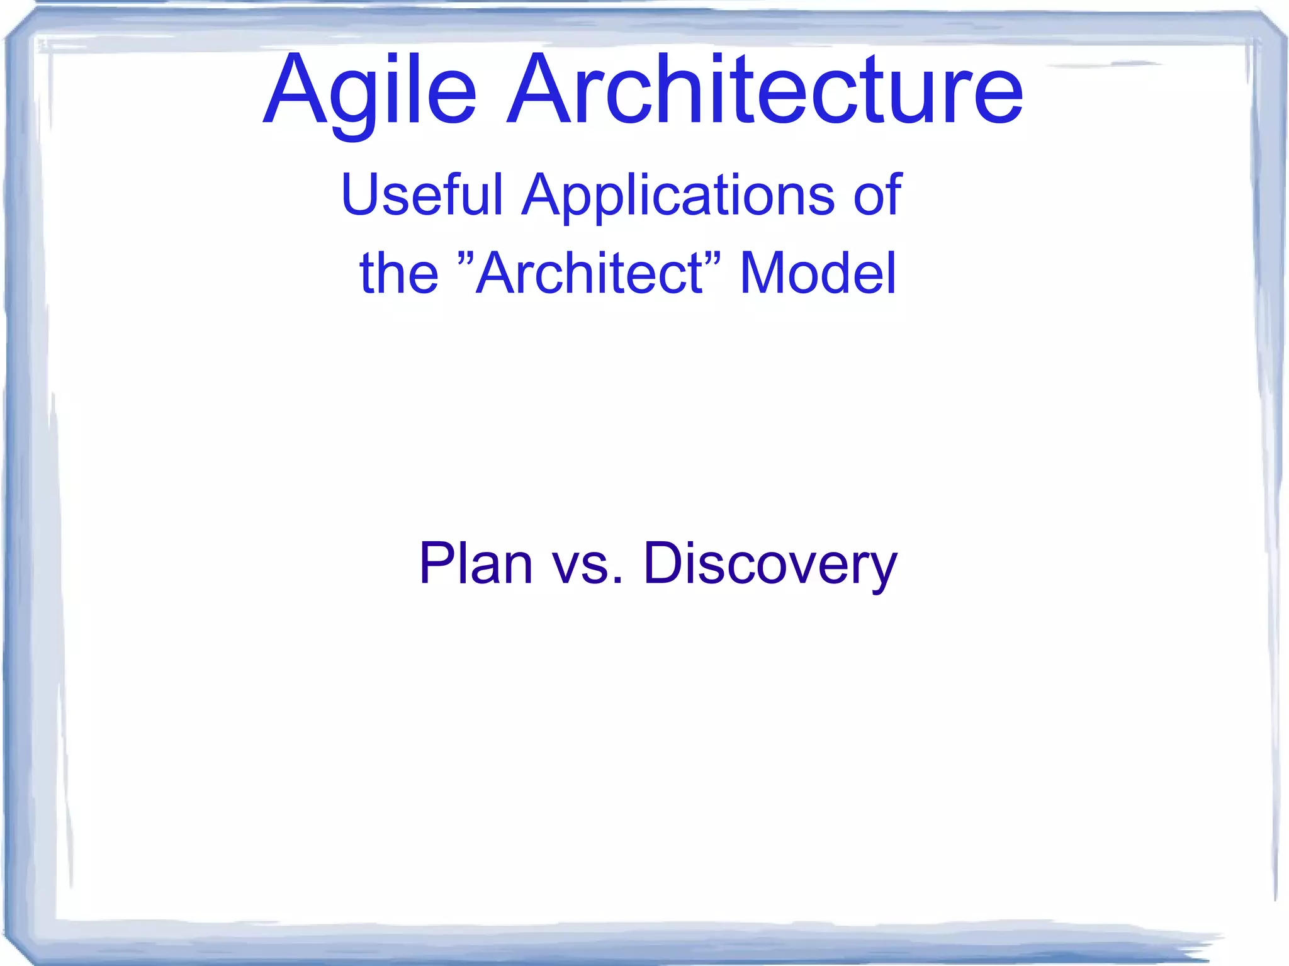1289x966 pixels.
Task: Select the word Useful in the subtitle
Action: [422, 194]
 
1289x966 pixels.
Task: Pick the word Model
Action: [818, 273]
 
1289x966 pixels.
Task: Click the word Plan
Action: [475, 563]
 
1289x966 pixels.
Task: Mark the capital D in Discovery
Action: [665, 563]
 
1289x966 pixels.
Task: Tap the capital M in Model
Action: [764, 273]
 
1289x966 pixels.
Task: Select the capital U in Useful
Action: [361, 194]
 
